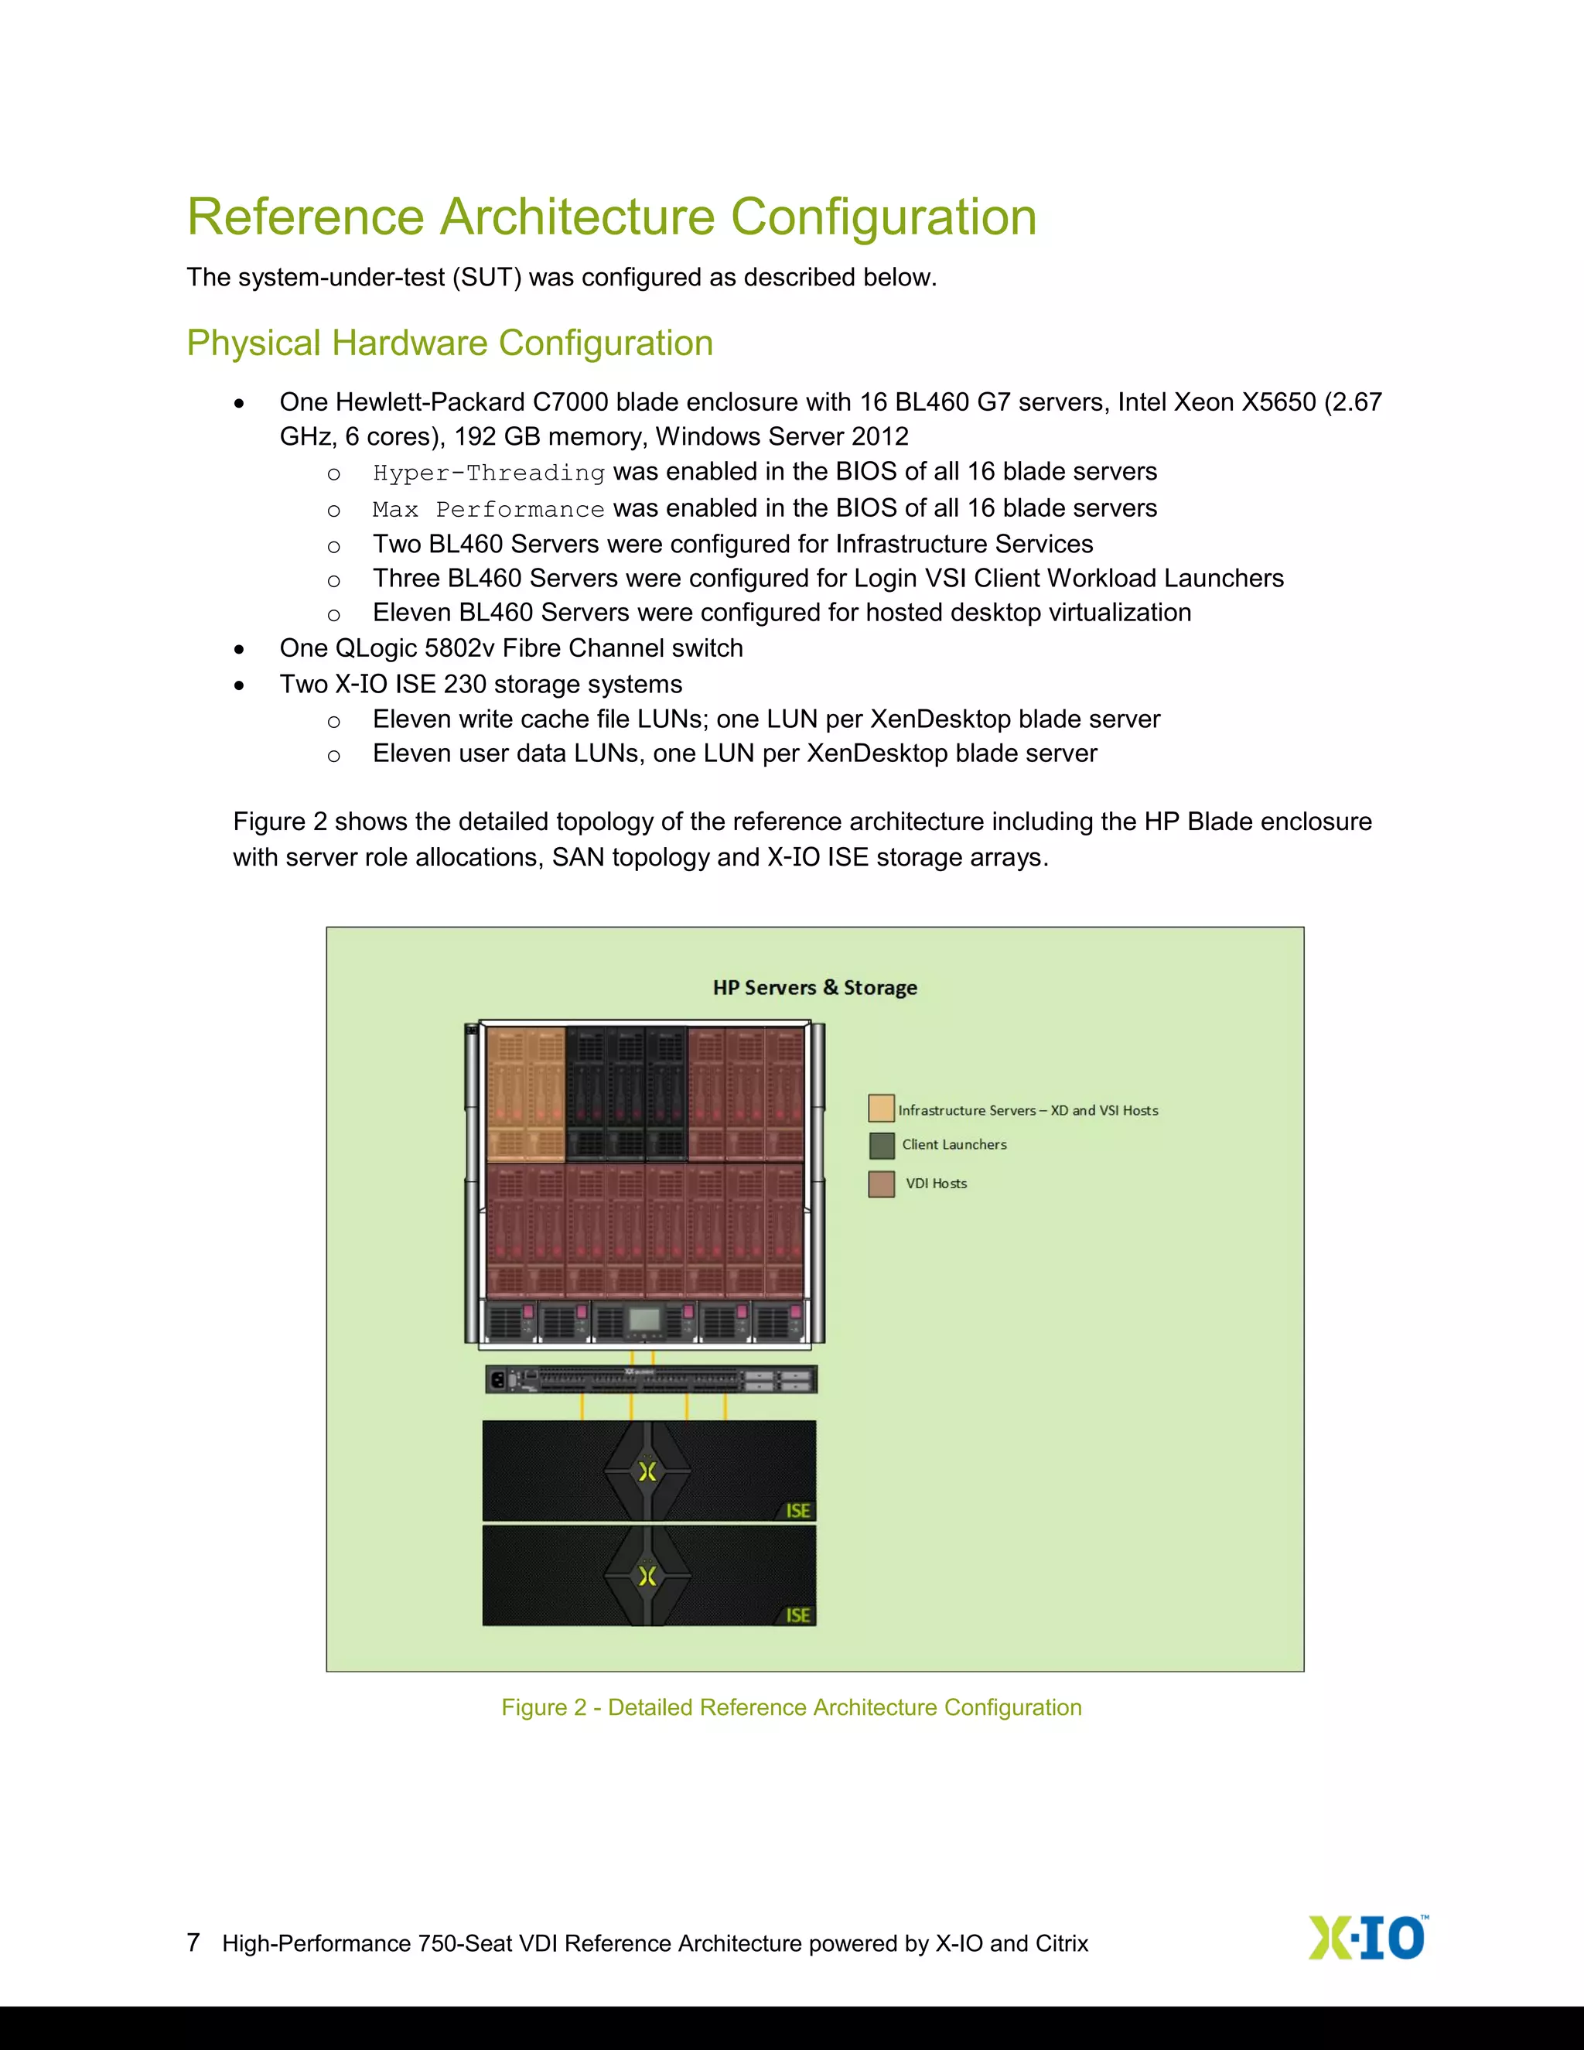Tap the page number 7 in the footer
pyautogui.click(x=193, y=1942)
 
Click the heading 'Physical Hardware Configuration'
pyautogui.click(x=449, y=343)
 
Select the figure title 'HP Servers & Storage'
pyautogui.click(x=814, y=987)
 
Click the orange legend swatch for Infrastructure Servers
pyautogui.click(x=881, y=1109)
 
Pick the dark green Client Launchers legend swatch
pyautogui.click(x=881, y=1145)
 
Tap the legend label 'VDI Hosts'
pyautogui.click(x=936, y=1184)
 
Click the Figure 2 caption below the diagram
pyautogui.click(x=791, y=1707)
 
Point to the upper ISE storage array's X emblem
pyautogui.click(x=647, y=1471)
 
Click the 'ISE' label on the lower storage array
pyautogui.click(x=797, y=1614)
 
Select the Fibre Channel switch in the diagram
pyautogui.click(x=650, y=1379)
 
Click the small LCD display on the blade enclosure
pyautogui.click(x=643, y=1319)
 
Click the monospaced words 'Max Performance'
pyautogui.click(x=488, y=510)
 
